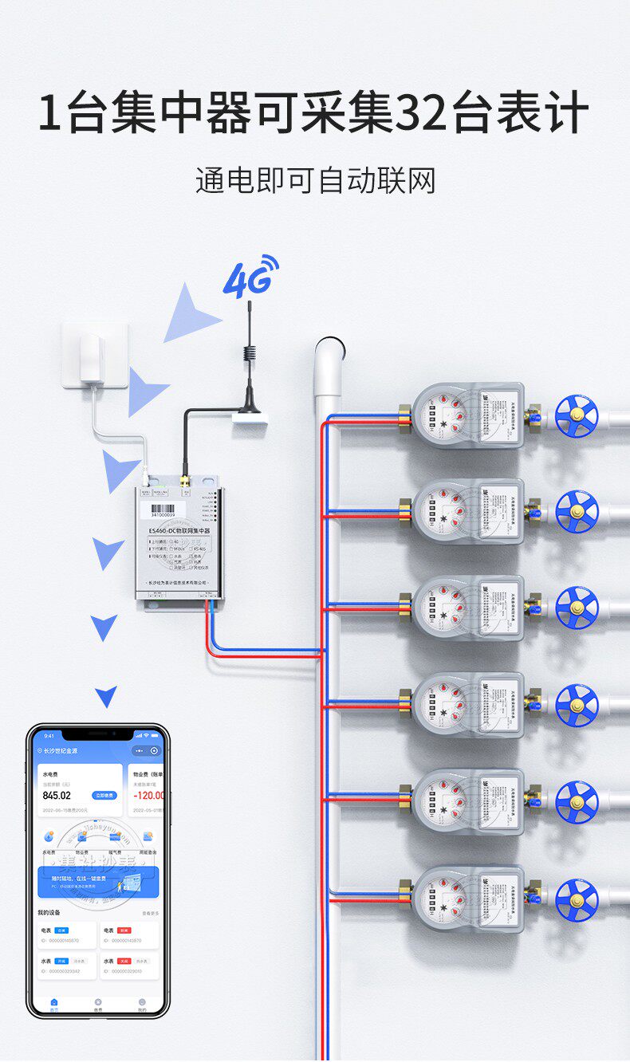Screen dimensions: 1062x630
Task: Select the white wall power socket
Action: point(95,355)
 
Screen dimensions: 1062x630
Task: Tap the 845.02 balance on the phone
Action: point(57,795)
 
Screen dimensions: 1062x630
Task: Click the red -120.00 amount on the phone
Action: point(148,795)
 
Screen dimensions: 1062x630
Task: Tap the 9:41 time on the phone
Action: point(49,736)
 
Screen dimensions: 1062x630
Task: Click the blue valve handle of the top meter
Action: point(577,415)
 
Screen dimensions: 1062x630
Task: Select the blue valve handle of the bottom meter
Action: point(577,899)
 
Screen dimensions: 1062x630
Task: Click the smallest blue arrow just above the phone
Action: point(106,696)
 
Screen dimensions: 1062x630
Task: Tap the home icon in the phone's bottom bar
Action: point(54,1002)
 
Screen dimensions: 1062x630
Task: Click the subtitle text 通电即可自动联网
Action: point(315,181)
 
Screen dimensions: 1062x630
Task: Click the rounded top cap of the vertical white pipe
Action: point(329,352)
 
